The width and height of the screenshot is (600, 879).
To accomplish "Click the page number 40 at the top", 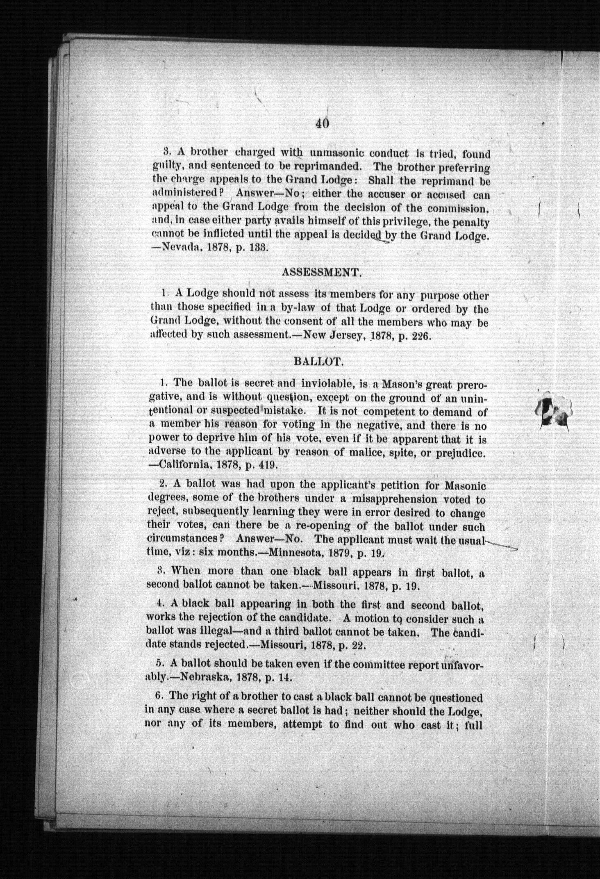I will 323,123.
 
